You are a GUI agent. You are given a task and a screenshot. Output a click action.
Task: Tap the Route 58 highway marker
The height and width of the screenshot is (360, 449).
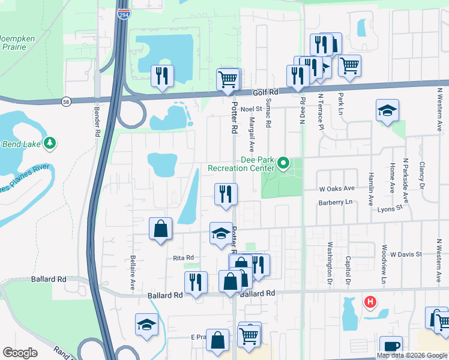(65, 103)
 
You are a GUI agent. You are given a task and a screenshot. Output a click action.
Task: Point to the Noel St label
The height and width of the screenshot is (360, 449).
(251, 109)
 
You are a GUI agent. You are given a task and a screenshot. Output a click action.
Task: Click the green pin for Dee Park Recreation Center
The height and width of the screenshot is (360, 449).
(283, 162)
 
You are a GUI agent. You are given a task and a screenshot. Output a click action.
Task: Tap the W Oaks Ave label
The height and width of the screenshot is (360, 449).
(337, 188)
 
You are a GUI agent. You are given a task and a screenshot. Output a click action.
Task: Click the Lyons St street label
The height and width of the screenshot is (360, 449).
(390, 209)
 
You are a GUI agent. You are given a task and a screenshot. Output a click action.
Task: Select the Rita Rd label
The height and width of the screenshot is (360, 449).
(183, 257)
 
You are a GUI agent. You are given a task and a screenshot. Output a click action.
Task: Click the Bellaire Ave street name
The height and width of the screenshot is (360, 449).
(133, 274)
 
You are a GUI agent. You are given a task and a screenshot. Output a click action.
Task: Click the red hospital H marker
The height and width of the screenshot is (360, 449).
(371, 301)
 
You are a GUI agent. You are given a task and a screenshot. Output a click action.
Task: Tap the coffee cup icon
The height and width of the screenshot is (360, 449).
(391, 346)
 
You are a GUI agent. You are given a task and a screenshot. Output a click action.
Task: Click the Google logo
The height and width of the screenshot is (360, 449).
(20, 353)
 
